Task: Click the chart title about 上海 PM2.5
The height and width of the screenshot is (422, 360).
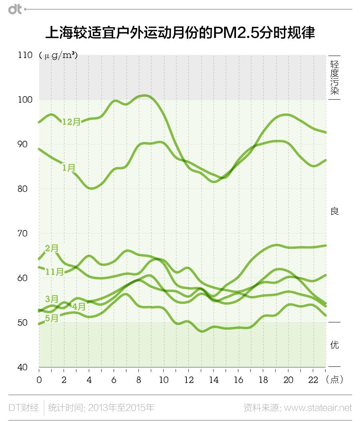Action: (180, 33)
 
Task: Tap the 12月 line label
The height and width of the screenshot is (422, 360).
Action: (71, 122)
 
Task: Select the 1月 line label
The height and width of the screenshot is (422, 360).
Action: (69, 168)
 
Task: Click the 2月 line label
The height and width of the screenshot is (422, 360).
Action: (52, 248)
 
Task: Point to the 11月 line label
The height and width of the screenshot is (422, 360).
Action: (54, 272)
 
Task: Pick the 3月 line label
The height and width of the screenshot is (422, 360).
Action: (52, 299)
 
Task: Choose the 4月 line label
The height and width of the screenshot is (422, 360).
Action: (79, 307)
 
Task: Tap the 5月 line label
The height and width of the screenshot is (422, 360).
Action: (52, 318)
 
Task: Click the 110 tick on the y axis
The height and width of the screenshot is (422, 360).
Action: (25, 55)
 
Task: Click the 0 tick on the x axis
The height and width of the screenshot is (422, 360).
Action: (39, 380)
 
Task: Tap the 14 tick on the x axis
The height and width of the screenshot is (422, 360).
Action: (214, 380)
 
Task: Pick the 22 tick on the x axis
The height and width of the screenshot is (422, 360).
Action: (313, 380)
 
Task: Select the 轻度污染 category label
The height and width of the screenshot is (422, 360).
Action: (334, 78)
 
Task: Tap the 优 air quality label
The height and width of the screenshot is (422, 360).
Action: (334, 344)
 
